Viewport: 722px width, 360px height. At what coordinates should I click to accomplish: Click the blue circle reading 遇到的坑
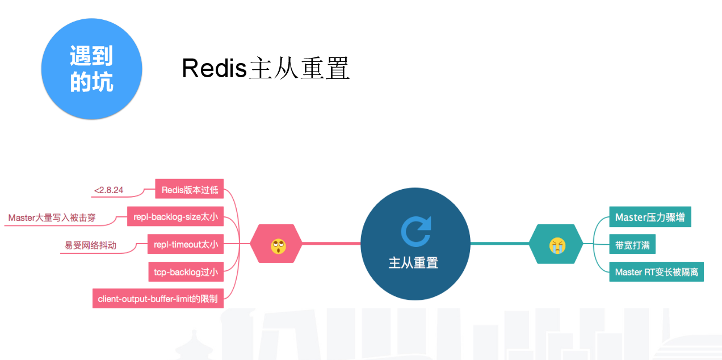pyautogui.click(x=91, y=69)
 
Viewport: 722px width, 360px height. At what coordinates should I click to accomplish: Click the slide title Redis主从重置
pyautogui.click(x=265, y=68)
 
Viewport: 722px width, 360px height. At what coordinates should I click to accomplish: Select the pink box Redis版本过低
pyautogui.click(x=190, y=190)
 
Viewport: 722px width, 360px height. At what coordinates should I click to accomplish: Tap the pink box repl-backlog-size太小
pyautogui.click(x=175, y=216)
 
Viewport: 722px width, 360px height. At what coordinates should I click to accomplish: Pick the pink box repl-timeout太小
pyautogui.click(x=185, y=245)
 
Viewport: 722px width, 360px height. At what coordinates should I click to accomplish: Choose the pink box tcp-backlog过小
pyautogui.click(x=186, y=272)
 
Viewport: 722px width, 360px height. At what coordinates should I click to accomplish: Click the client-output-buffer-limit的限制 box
pyautogui.click(x=158, y=298)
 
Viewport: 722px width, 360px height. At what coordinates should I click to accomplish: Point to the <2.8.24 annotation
pyautogui.click(x=109, y=190)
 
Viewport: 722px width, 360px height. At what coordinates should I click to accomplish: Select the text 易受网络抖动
pyautogui.click(x=91, y=245)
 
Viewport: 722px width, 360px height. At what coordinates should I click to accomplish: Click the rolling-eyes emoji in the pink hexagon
pyautogui.click(x=278, y=245)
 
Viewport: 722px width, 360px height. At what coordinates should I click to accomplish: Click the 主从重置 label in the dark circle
pyautogui.click(x=413, y=262)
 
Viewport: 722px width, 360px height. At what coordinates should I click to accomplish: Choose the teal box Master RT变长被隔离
pyautogui.click(x=656, y=272)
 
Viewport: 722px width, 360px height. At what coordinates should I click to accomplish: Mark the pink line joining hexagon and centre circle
pyautogui.click(x=331, y=244)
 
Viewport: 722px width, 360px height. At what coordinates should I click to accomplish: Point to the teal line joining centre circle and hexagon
pyautogui.click(x=499, y=244)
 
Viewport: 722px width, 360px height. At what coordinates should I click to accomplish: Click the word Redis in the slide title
pyautogui.click(x=214, y=68)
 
